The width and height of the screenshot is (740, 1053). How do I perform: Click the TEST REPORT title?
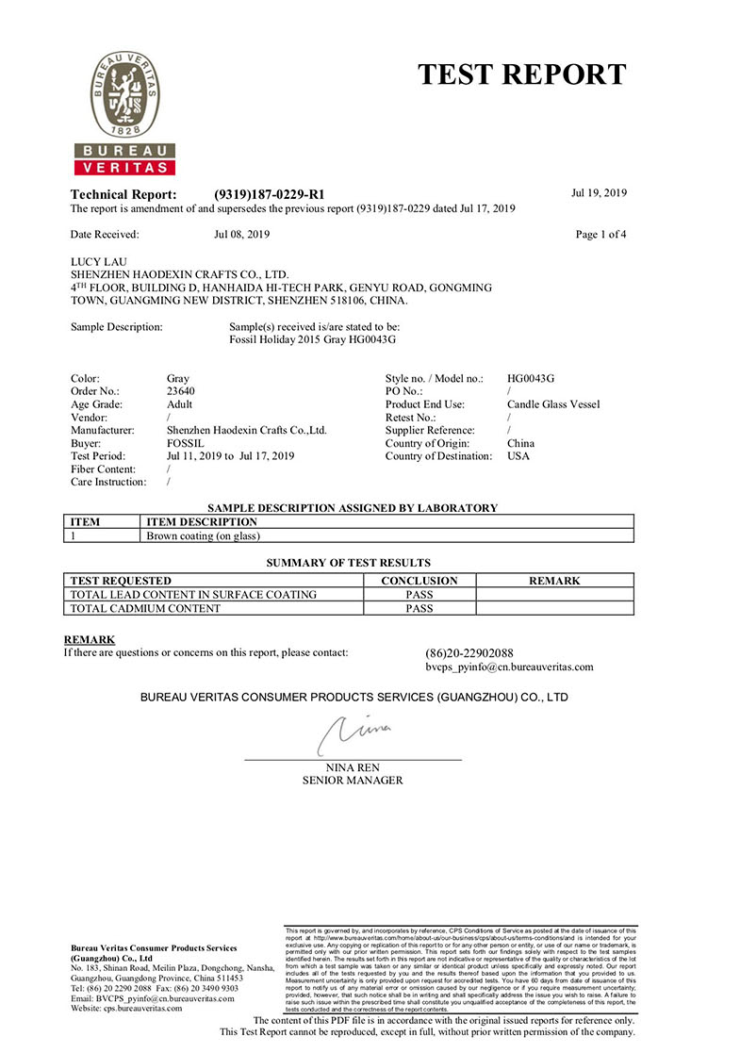pyautogui.click(x=521, y=74)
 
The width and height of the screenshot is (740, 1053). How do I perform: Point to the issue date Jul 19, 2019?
pyautogui.click(x=599, y=193)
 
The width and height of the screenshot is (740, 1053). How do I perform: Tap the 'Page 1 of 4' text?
pyautogui.click(x=600, y=234)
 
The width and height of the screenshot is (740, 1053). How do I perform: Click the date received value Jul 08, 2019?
pyautogui.click(x=243, y=234)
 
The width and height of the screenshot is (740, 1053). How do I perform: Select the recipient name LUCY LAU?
pyautogui.click(x=99, y=261)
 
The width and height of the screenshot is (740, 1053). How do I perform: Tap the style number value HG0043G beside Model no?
pyautogui.click(x=530, y=377)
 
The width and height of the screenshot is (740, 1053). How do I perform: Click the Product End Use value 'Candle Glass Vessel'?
pyautogui.click(x=552, y=403)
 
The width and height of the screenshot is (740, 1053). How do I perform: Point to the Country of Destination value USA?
pyautogui.click(x=518, y=456)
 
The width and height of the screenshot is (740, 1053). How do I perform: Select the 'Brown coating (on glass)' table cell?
pyautogui.click(x=204, y=535)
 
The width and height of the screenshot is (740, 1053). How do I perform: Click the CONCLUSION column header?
pyautogui.click(x=419, y=581)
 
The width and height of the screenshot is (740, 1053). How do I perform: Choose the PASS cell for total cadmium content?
pyautogui.click(x=419, y=608)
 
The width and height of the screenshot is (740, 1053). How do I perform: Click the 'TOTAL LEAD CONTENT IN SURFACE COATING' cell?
pyautogui.click(x=194, y=595)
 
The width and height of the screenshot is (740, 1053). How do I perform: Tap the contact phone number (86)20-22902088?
pyautogui.click(x=469, y=652)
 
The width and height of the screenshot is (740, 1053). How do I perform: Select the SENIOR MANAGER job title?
pyautogui.click(x=353, y=781)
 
